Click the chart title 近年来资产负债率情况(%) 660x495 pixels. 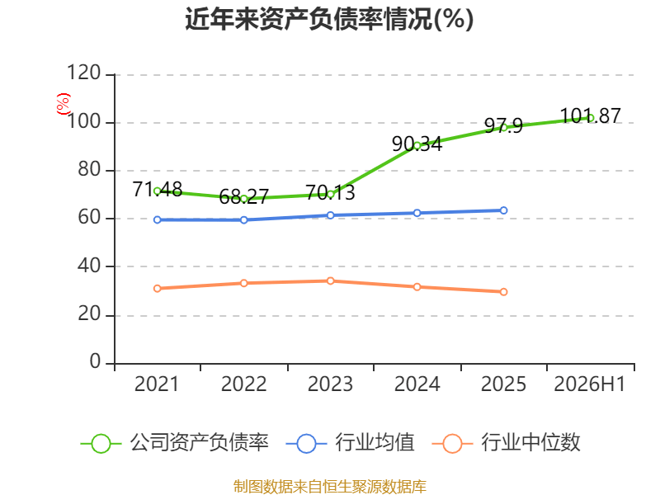(329, 19)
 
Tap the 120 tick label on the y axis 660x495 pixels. (84, 73)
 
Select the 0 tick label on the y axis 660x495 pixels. (95, 361)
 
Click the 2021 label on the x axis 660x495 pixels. (157, 384)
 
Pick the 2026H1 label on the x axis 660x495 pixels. (590, 384)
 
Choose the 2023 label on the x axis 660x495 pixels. (330, 384)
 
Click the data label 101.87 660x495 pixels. (591, 115)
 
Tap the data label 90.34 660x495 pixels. (417, 144)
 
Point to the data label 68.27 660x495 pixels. (243, 196)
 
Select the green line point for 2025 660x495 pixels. (504, 128)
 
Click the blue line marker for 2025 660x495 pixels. (504, 210)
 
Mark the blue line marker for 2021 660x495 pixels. (158, 219)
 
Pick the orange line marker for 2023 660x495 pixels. (331, 280)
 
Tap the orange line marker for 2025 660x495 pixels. (504, 292)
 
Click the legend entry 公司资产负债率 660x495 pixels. (174, 443)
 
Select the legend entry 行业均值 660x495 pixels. (350, 443)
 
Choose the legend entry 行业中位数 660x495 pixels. (507, 443)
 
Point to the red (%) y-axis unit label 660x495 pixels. (64, 104)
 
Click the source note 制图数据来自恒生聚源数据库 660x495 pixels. (330, 487)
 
